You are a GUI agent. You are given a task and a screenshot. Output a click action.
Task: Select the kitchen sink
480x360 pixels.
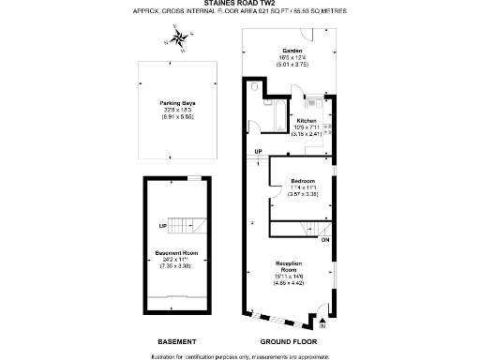(x=330, y=122)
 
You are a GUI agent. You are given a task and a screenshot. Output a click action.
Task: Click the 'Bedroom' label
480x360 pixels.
(x=302, y=181)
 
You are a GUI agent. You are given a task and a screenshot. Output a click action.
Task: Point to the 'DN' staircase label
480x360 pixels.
(x=325, y=240)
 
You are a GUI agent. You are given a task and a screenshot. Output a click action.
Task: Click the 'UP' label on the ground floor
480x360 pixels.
(x=258, y=152)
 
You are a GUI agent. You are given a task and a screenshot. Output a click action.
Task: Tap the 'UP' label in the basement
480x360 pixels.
(x=162, y=225)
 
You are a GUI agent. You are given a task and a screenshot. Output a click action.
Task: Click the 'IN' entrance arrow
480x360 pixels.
(x=322, y=325)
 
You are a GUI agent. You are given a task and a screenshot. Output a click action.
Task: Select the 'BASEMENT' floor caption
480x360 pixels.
(x=176, y=341)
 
